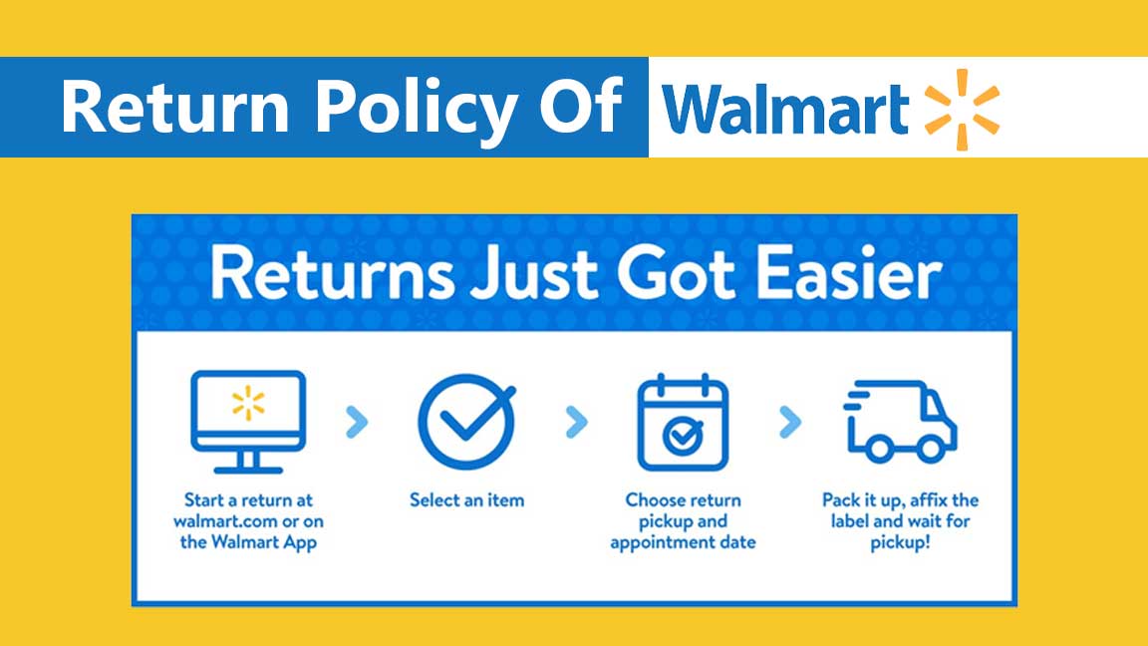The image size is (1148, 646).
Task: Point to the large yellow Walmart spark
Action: pyautogui.click(x=962, y=109)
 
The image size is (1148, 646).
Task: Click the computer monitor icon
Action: pyautogui.click(x=248, y=420)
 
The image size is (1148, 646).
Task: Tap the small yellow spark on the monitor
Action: pyautogui.click(x=248, y=404)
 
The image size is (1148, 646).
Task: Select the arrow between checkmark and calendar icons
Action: pyautogui.click(x=575, y=423)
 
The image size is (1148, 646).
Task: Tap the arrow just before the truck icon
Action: pyautogui.click(x=790, y=423)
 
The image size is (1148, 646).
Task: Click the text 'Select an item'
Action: pyautogui.click(x=466, y=499)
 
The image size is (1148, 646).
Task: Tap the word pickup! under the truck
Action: pyautogui.click(x=900, y=542)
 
